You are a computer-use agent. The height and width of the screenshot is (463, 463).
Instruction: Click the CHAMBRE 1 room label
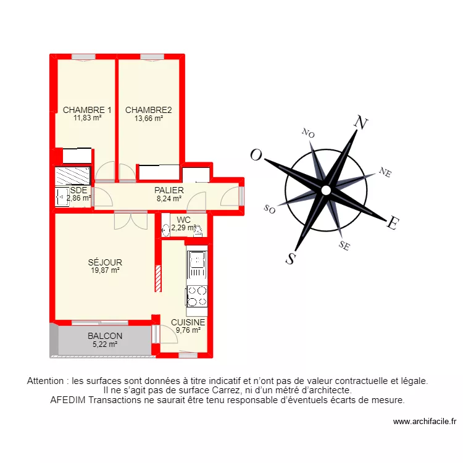[x=87, y=110]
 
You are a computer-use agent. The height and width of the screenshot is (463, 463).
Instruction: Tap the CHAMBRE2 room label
[x=148, y=110]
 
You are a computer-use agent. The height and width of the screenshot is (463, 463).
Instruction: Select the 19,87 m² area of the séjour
[x=104, y=270]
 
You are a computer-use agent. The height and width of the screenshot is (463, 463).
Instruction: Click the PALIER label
[x=169, y=190]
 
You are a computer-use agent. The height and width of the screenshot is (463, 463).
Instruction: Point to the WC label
[x=183, y=220]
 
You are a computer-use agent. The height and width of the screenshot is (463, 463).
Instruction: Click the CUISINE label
[x=188, y=322]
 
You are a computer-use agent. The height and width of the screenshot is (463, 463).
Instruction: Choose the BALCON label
[x=105, y=336]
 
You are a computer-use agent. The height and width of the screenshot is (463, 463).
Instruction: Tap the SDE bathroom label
[x=78, y=190]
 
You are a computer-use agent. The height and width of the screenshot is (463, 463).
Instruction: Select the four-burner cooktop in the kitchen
[x=197, y=296]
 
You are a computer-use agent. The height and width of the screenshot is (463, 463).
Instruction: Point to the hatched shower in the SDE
[x=72, y=175]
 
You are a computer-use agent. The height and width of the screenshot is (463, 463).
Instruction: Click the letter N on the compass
[x=361, y=123]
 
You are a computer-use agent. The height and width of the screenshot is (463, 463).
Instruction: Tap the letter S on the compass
[x=290, y=259]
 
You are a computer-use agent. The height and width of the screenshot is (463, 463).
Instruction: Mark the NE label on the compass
[x=385, y=173]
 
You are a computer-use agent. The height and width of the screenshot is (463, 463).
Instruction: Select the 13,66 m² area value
[x=148, y=119]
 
